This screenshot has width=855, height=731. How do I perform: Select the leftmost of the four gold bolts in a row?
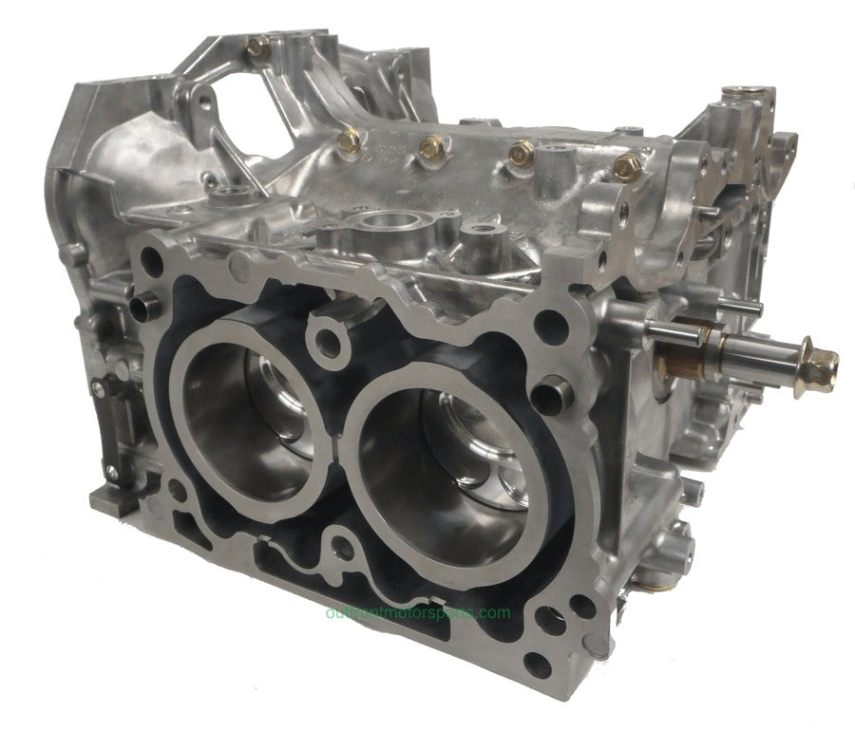click(x=349, y=141)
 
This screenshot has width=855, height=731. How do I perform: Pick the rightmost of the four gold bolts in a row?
click(x=624, y=167)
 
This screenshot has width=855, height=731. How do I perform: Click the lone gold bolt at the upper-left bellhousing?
click(x=257, y=45)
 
